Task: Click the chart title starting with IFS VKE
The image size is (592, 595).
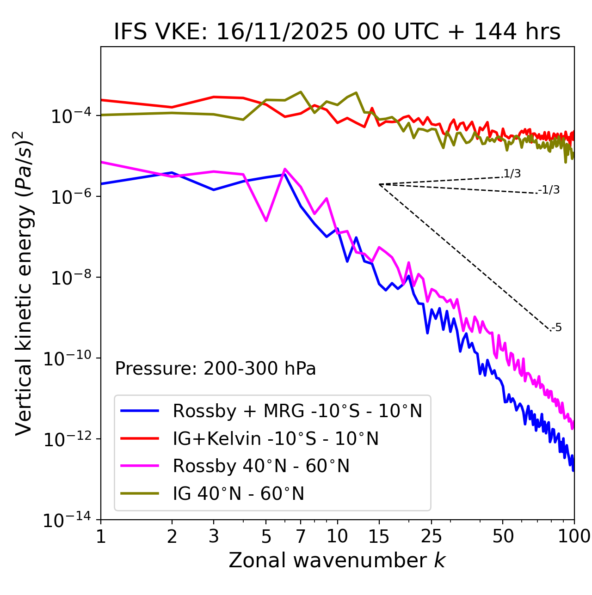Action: pos(337,32)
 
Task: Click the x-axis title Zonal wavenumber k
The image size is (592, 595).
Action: pos(337,560)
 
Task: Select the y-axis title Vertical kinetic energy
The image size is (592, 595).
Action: pos(24,283)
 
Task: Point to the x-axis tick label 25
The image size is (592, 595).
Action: pos(431,536)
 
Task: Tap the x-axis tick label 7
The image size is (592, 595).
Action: pos(301,536)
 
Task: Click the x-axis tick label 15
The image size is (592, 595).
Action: pos(379,536)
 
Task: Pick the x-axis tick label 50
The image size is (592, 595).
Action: pos(503,536)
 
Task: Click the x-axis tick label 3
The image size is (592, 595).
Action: pos(214,536)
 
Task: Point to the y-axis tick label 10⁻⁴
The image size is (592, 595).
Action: pos(69,116)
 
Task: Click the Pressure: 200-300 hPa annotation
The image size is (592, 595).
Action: pos(216,369)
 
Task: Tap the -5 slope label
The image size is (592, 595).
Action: pos(556,328)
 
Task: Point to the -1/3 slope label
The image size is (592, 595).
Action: pos(549,190)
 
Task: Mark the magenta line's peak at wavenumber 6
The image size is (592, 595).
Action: pos(284,169)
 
